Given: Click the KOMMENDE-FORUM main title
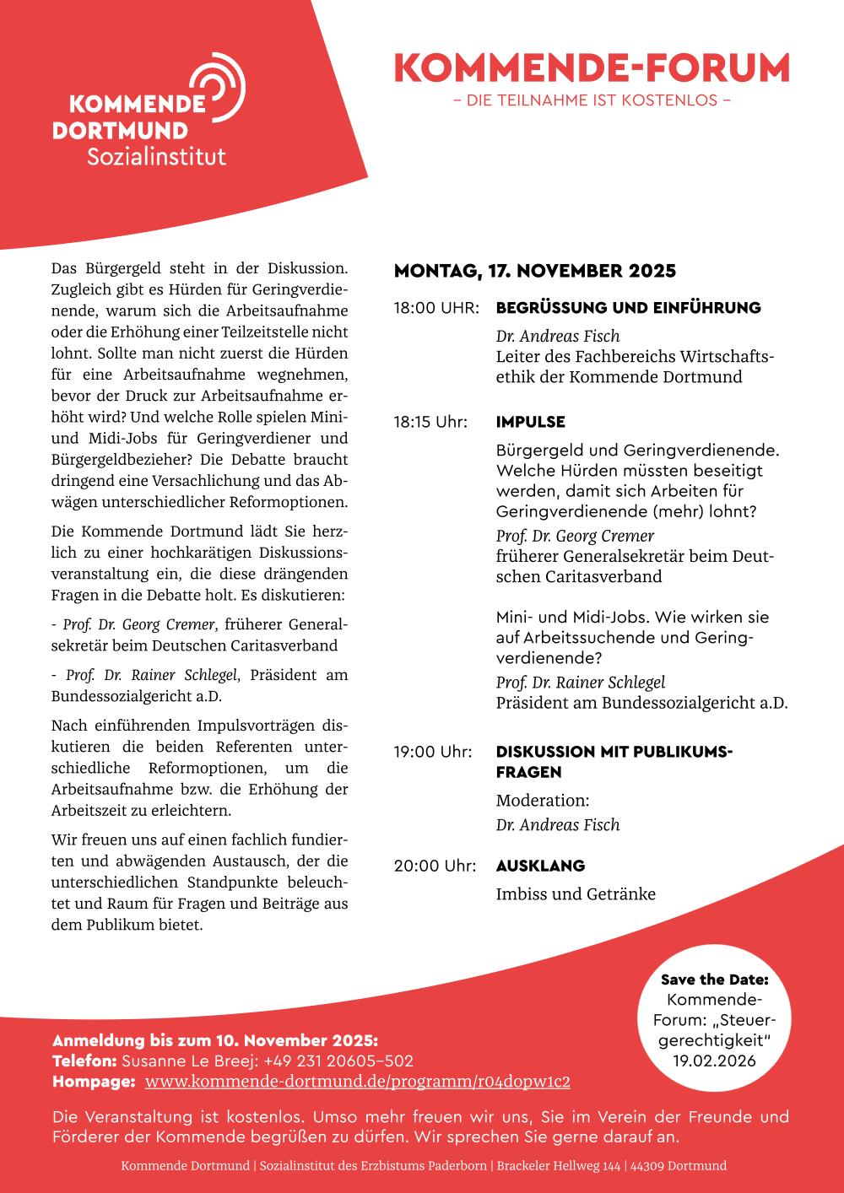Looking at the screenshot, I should pos(592,68).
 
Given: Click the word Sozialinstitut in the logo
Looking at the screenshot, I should pos(157,156).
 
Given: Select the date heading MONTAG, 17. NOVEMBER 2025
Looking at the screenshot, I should pos(535,272).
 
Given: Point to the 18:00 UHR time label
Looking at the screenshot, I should pos(436,308).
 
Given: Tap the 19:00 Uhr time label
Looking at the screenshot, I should pos(433,752).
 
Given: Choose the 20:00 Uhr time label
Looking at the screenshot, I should pos(435,866).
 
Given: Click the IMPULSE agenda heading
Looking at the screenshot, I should pos(530,422).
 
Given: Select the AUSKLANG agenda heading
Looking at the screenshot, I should pos(540,866).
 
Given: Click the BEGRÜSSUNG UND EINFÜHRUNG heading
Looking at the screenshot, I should pos(628,308).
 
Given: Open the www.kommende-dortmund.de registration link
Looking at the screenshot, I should pos(357,1082).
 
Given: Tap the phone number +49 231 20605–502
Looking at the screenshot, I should pos(338,1061).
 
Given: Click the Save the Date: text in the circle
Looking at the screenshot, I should pos(714,980).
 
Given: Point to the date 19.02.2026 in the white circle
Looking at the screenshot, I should pos(714,1061).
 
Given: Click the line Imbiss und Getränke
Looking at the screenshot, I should pos(576,894).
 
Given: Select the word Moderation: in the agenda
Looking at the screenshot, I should pos(542,801).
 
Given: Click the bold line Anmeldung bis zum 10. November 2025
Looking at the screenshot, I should pos(215,1039).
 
